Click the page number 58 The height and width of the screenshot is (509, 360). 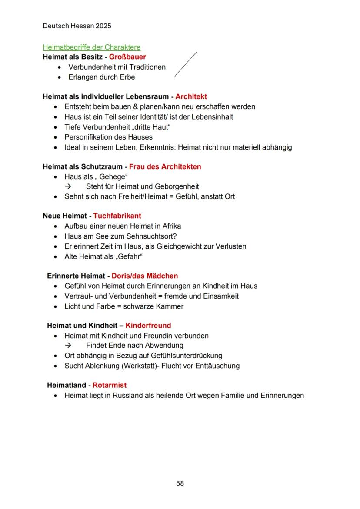pyautogui.click(x=180, y=483)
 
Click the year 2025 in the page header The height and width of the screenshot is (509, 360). pyautogui.click(x=103, y=26)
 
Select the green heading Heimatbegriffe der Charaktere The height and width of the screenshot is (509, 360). pyautogui.click(x=91, y=47)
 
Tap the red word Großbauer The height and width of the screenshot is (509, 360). pyautogui.click(x=127, y=57)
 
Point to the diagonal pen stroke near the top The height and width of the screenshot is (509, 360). pyautogui.click(x=185, y=65)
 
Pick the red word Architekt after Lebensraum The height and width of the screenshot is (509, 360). pyautogui.click(x=191, y=96)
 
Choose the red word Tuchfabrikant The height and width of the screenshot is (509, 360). pyautogui.click(x=117, y=216)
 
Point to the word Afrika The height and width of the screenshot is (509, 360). pyautogui.click(x=171, y=226)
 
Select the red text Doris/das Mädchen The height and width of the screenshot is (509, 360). pyautogui.click(x=144, y=276)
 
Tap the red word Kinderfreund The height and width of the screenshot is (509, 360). pyautogui.click(x=148, y=326)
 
